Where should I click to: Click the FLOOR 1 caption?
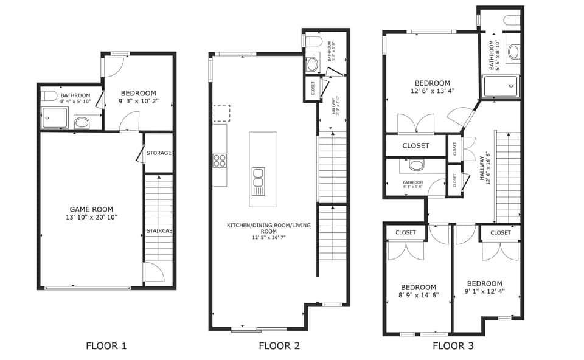[x=106, y=347]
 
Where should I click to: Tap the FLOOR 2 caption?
[x=279, y=347]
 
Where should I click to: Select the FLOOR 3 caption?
[x=453, y=347]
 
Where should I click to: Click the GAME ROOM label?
[x=92, y=209]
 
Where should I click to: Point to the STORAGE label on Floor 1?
[x=159, y=153]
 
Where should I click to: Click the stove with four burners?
[x=220, y=161]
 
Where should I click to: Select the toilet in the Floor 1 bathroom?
[x=50, y=95]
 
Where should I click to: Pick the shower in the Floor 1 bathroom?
[x=55, y=118]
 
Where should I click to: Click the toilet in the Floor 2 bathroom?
[x=314, y=41]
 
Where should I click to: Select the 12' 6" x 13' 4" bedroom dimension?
[x=432, y=92]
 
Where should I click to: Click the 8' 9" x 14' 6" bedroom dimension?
[x=418, y=296]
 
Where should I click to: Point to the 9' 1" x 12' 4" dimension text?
[x=484, y=292]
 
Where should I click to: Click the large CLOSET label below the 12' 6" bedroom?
[x=415, y=146]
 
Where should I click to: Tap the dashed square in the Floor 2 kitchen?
[x=221, y=113]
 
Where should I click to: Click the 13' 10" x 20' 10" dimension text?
[x=92, y=217]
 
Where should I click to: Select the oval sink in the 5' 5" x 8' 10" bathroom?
[x=513, y=51]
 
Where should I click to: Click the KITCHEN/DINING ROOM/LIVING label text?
[x=268, y=226]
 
